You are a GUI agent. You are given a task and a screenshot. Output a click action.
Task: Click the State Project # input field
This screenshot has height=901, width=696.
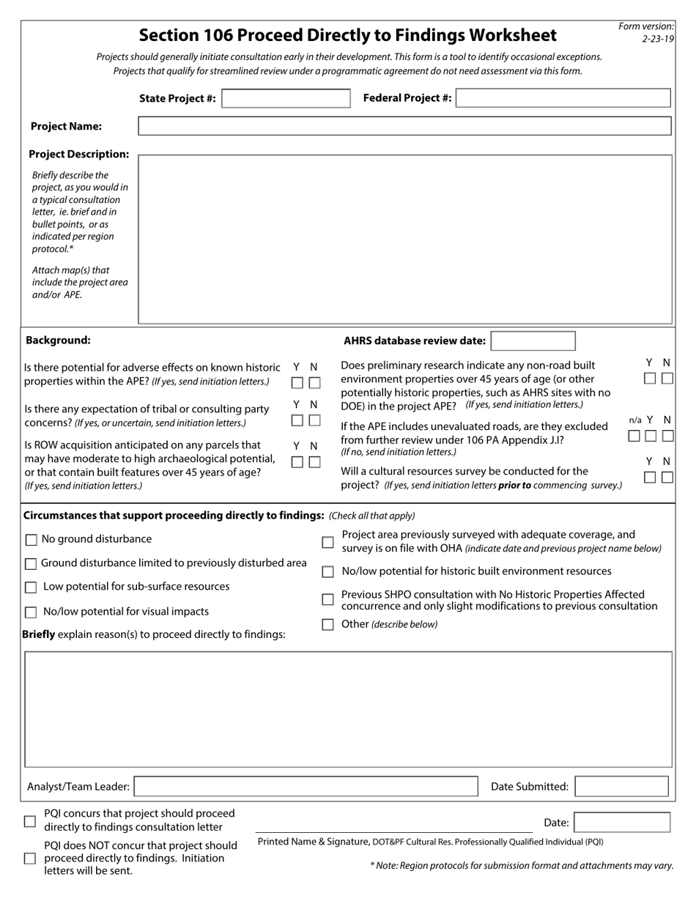pos(286,99)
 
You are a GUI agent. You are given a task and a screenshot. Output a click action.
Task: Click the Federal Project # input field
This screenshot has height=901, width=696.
pos(563,98)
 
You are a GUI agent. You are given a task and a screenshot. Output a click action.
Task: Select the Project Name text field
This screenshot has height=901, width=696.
pos(404,126)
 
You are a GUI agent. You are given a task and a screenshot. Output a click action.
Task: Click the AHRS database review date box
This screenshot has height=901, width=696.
pos(533,341)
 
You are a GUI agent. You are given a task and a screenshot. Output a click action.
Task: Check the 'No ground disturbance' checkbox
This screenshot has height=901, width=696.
pos(31,540)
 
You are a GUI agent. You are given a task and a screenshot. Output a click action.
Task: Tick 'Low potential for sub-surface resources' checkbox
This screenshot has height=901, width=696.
pos(31,587)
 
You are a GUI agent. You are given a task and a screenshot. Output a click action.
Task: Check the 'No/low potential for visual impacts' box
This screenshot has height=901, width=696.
pos(31,612)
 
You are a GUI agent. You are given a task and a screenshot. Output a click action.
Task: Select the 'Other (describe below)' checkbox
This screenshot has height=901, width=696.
pos(328,625)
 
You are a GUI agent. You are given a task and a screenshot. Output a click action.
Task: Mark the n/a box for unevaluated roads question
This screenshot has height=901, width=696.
pos(634,436)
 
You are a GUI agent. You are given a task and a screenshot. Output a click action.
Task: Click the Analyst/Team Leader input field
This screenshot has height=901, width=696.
pos(306,787)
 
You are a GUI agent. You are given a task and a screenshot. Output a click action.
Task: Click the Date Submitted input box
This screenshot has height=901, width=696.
pos(622,787)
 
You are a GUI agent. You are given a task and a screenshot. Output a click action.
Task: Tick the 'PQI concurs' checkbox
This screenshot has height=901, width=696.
pos(30,821)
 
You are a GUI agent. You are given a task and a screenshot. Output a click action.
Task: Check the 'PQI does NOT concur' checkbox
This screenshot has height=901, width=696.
pos(30,858)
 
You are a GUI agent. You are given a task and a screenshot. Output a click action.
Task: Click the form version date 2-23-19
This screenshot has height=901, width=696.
pos(657,39)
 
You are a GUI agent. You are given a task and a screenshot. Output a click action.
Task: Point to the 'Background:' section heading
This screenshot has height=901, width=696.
pos(59,340)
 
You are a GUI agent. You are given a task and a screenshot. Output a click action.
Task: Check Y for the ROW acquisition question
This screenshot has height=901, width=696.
pos(297,462)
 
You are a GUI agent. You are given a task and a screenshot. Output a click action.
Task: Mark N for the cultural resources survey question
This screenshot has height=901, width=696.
pos(667,478)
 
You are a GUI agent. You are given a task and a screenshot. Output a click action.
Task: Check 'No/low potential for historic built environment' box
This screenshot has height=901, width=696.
pos(328,571)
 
